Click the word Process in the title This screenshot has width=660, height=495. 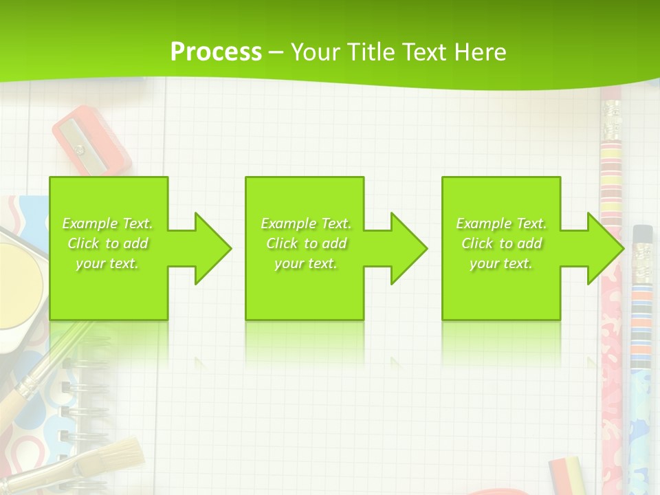(x=216, y=52)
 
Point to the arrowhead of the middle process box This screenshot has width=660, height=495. (x=408, y=248)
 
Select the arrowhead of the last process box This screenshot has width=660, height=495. (x=605, y=248)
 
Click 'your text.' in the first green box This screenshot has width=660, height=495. (x=107, y=263)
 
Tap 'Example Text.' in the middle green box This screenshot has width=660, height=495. (x=306, y=223)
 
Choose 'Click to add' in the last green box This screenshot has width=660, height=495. (x=502, y=243)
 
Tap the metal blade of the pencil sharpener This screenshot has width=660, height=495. (x=79, y=148)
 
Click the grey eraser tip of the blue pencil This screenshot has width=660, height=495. (x=642, y=234)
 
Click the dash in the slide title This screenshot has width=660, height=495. (x=276, y=52)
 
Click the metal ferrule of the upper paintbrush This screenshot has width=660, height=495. (x=28, y=388)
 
